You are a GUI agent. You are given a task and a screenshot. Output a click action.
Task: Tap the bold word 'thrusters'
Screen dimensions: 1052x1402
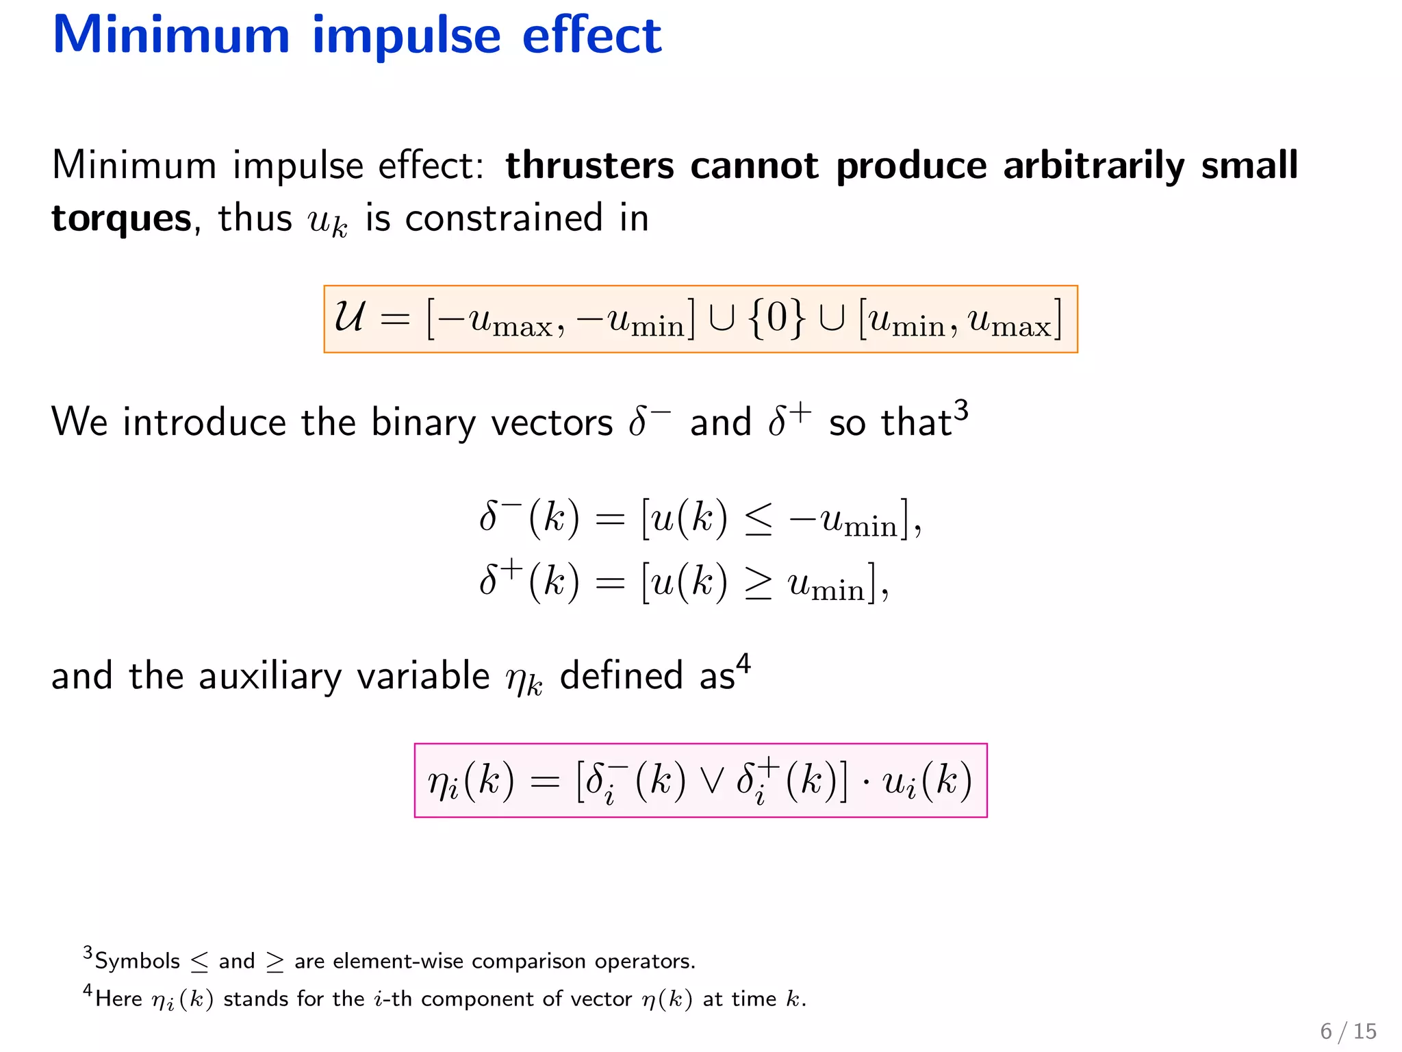(589, 166)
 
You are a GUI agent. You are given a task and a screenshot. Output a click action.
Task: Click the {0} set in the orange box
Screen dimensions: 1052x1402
(777, 318)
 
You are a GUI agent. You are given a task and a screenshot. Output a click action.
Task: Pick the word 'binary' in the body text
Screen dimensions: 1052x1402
(423, 423)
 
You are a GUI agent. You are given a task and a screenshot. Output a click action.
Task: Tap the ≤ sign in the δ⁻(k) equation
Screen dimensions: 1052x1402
(759, 520)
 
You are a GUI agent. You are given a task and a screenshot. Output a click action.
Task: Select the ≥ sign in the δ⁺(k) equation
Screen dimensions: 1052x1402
(759, 584)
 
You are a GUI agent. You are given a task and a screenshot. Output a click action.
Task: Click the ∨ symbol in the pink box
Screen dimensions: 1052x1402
(712, 781)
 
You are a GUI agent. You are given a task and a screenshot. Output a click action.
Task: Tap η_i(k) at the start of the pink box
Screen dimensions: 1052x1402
(471, 781)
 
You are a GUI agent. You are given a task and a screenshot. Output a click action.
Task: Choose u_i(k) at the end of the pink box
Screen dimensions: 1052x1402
(928, 781)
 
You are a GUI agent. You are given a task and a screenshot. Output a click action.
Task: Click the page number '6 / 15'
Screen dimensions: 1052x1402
(1348, 1031)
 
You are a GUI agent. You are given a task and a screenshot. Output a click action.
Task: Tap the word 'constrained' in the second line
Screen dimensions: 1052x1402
(504, 219)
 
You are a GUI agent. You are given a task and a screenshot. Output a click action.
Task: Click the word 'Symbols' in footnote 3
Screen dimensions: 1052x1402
(137, 962)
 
